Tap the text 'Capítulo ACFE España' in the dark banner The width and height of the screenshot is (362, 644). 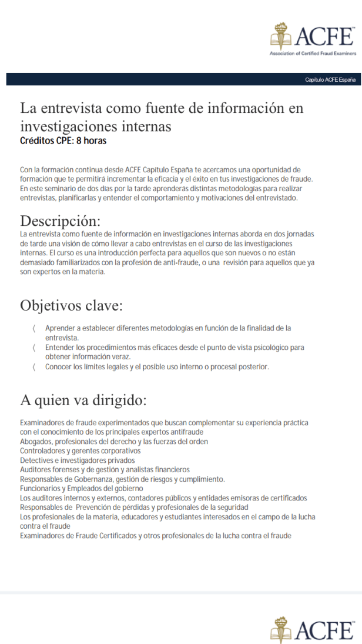tap(330, 80)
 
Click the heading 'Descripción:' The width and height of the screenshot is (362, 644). tap(61, 221)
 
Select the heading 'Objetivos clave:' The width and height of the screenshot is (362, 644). tap(71, 306)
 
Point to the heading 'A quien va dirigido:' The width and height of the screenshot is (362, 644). tap(83, 401)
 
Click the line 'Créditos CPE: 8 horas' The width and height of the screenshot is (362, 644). tap(63, 141)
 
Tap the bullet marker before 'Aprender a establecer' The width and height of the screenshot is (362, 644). tap(34, 328)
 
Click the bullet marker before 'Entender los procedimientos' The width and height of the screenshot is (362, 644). tap(34, 348)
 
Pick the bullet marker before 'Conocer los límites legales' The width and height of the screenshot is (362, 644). tap(34, 367)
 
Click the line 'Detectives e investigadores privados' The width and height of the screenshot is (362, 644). tap(78, 461)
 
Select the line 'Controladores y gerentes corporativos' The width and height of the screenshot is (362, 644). tap(81, 451)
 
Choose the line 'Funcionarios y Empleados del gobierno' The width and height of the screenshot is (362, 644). tap(82, 489)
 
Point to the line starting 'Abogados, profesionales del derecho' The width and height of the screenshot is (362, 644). tap(112, 442)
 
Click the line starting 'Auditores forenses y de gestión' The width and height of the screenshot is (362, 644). tap(105, 470)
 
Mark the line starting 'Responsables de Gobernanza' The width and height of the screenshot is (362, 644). tap(122, 479)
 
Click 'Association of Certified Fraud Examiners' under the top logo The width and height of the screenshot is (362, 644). tap(313, 53)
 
